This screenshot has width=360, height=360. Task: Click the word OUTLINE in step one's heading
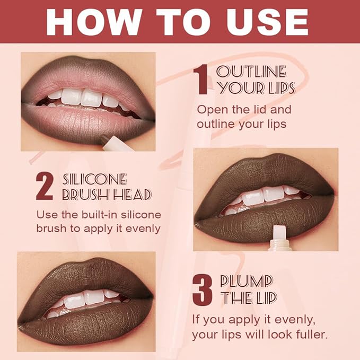pyautogui.click(x=251, y=72)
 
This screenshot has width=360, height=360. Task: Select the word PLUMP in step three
pyautogui.click(x=247, y=281)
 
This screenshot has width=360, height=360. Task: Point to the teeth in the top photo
pyautogui.click(x=85, y=98)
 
